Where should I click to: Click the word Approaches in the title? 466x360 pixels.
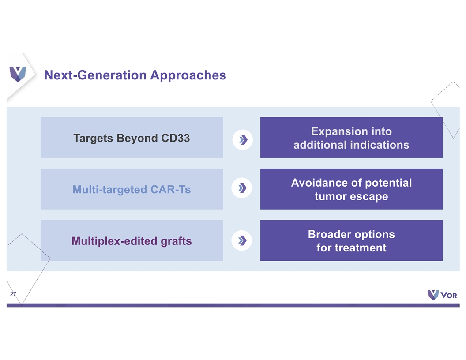(x=188, y=75)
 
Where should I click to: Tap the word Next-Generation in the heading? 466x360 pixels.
(x=96, y=75)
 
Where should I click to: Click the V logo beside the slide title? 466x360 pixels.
(x=18, y=74)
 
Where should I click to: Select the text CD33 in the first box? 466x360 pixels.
(x=175, y=138)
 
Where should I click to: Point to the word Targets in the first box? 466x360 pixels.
(x=94, y=139)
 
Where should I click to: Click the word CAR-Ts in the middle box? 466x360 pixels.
(x=171, y=190)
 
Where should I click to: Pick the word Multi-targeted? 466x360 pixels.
(x=110, y=190)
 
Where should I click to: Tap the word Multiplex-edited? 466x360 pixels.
(x=114, y=241)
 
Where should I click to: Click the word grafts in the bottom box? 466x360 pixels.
(x=176, y=241)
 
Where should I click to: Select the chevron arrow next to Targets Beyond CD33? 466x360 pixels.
(x=243, y=139)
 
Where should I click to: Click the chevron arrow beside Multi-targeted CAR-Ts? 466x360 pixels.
(x=242, y=188)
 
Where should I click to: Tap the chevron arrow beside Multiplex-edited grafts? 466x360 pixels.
(x=242, y=240)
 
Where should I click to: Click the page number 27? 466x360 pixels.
(x=13, y=294)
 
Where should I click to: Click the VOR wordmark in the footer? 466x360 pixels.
(x=449, y=295)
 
